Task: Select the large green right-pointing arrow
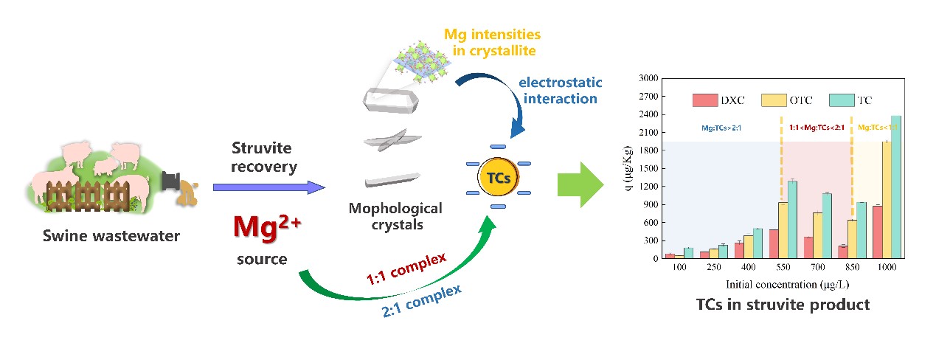[580, 184]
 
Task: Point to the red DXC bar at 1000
[876, 232]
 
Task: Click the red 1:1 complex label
[407, 269]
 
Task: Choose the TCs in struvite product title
[783, 305]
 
